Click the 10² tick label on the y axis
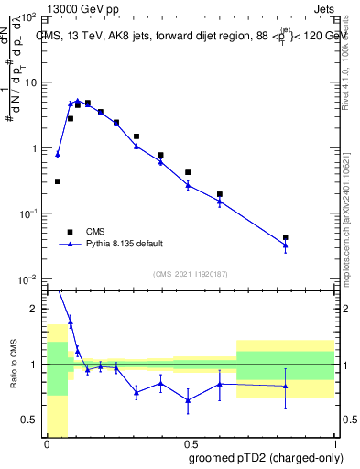(27, 18)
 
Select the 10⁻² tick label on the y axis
(27, 278)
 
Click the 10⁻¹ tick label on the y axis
(27, 213)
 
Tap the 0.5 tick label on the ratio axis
(29, 420)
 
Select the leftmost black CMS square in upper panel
(58, 181)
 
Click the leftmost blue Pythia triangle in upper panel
(58, 155)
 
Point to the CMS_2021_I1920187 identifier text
(190, 273)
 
